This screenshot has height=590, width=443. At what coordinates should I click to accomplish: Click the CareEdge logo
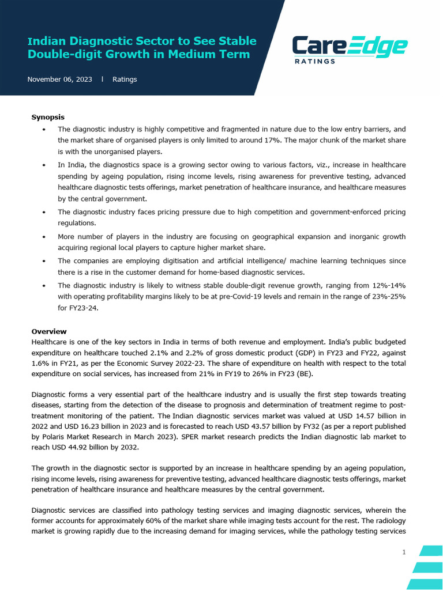[x=350, y=48]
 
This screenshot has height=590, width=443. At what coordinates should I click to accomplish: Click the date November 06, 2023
[x=59, y=80]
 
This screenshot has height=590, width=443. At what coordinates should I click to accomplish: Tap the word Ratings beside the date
[x=125, y=80]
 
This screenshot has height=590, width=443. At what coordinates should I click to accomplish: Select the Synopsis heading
[x=48, y=118]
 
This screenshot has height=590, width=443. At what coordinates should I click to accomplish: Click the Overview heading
[x=49, y=332]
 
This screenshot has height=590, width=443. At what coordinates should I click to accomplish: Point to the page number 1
[x=404, y=553]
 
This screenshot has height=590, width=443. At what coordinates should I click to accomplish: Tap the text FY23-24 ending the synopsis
[x=82, y=308]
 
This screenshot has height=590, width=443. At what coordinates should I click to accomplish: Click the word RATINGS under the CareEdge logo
[x=315, y=61]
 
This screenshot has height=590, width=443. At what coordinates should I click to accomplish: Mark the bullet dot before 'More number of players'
[x=45, y=237]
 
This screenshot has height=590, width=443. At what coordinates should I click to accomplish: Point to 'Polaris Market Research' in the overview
[x=83, y=437]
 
